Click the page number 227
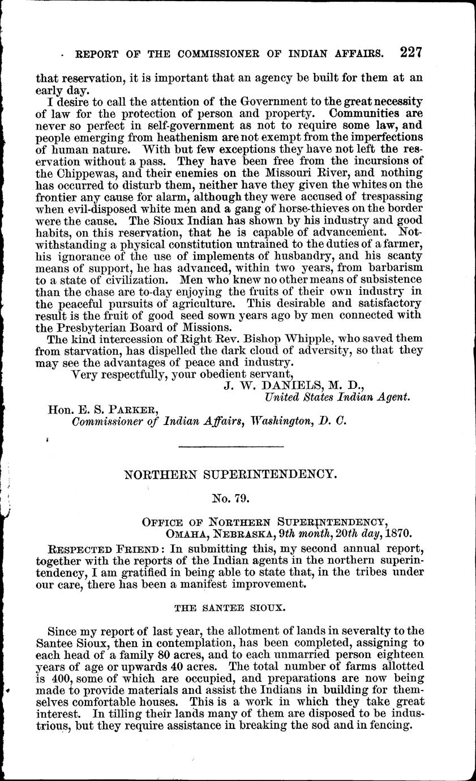(x=411, y=53)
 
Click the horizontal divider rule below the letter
(x=230, y=448)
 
